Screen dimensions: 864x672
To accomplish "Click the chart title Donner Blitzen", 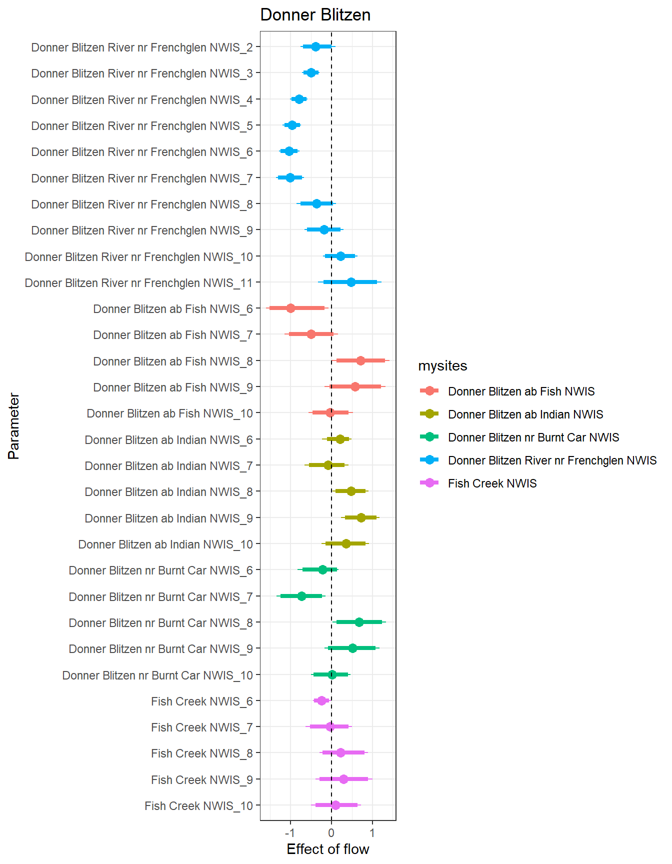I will pos(315,15).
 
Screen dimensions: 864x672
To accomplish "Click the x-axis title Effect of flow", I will pos(327,849).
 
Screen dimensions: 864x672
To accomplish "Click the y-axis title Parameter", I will pos(14,426).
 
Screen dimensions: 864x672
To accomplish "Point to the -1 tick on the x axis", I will pos(290,832).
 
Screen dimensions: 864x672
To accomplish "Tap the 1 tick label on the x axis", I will pos(372,832).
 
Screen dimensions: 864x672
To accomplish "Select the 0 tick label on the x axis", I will pos(331,832).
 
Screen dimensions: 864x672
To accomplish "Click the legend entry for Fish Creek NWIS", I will pos(492,483).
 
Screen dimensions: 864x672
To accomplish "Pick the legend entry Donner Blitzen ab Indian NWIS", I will pos(525,414).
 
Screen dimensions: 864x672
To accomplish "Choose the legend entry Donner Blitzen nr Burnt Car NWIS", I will pos(533,437).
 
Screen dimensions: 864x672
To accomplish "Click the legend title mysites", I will pos(442,366).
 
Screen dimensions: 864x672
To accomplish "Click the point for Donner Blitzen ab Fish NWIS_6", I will pos(290,308).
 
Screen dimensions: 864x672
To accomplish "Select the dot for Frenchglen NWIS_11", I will pos(351,282).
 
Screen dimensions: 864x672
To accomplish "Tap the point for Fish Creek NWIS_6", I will pos(321,700).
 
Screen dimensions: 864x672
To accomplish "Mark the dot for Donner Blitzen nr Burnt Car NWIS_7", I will pos(301,596).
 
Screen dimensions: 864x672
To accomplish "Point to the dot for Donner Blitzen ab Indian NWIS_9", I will pos(361,517).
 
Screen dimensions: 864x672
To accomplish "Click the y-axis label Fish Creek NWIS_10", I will pos(198,806).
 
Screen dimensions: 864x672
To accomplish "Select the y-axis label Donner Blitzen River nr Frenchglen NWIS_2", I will pos(142,47).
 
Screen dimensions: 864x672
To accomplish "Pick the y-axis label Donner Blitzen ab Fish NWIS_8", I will pos(173,361).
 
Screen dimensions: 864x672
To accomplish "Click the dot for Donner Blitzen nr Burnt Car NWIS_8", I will pos(359,622).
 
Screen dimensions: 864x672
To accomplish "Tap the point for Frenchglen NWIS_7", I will pos(290,177).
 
